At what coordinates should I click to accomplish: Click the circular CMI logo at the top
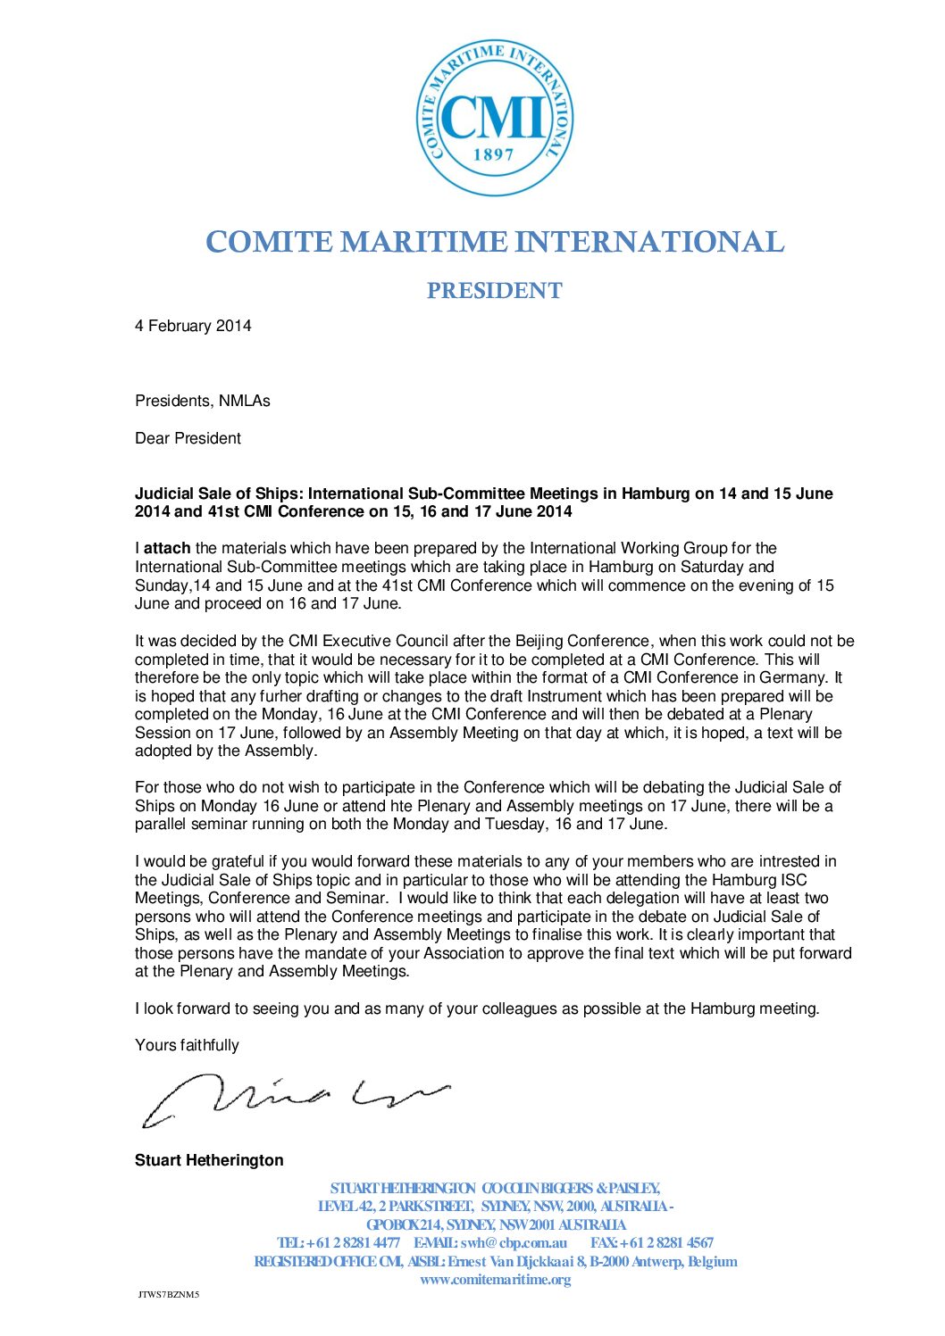(x=495, y=118)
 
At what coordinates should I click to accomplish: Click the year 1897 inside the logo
(x=494, y=154)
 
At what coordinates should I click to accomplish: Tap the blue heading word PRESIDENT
(x=494, y=291)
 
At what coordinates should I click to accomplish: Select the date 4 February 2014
(x=193, y=326)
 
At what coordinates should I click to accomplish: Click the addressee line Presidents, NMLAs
(x=202, y=401)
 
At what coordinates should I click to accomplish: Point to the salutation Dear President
(x=188, y=438)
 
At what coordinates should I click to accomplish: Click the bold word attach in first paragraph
(x=167, y=548)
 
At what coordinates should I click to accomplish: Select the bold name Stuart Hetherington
(x=209, y=1160)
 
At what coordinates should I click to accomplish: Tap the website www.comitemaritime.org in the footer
(x=495, y=1280)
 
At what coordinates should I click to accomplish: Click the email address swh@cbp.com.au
(x=514, y=1242)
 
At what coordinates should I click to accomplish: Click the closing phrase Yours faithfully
(x=187, y=1045)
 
